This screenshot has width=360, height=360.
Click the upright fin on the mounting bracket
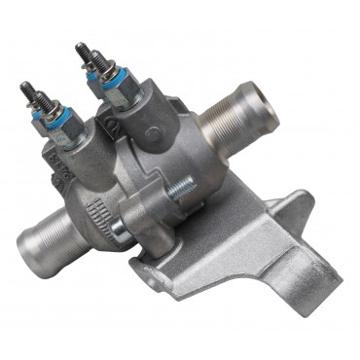coord(278,209)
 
